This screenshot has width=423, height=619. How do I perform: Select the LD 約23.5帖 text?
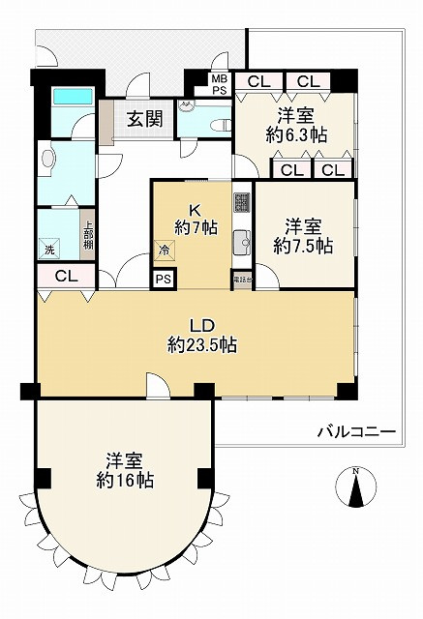click(202, 335)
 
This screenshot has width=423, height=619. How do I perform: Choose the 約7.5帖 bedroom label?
click(303, 237)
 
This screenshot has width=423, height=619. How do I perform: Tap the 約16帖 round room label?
click(124, 470)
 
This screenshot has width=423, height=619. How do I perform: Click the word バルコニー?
click(355, 432)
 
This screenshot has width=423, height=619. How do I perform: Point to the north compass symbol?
click(355, 486)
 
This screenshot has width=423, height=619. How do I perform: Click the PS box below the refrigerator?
click(164, 280)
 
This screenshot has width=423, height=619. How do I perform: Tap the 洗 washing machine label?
click(50, 251)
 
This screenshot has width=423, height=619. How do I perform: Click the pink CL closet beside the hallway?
click(65, 277)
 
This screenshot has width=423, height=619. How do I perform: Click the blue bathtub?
click(72, 97)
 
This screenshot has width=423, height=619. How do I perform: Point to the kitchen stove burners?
click(241, 204)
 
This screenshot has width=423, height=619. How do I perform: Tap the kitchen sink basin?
click(241, 243)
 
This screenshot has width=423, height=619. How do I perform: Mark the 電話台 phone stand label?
click(241, 280)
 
